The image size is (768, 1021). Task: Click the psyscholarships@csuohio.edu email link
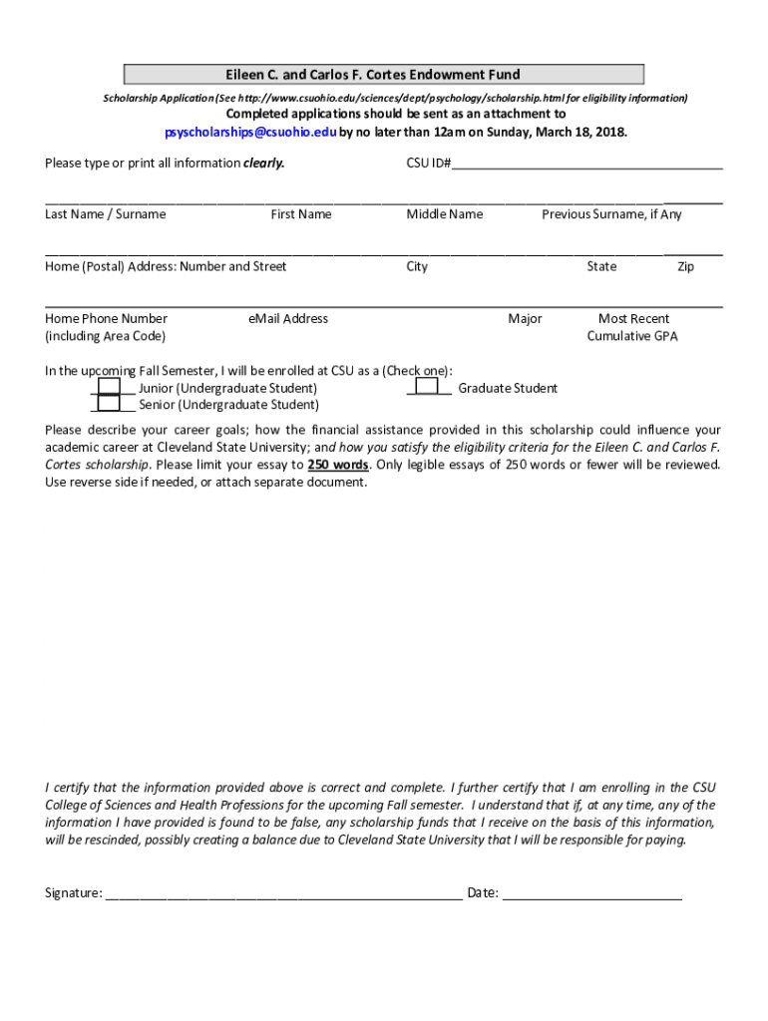pos(250,132)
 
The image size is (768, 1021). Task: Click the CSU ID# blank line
pos(587,165)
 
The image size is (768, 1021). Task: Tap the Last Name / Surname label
pos(106,214)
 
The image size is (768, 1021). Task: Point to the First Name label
pos(301,214)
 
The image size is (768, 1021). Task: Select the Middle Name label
pos(445,214)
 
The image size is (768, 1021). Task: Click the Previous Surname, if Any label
pos(611,214)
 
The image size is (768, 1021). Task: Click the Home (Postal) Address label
pos(166,266)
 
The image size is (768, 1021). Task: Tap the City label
pos(417,266)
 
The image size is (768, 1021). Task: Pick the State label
pos(601,266)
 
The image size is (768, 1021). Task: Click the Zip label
pos(685,266)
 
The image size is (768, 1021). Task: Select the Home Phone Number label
pos(106,319)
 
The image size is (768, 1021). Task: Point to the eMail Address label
pos(288,319)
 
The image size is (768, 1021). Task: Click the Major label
pos(525,319)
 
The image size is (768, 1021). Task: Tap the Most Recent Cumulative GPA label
pos(632,327)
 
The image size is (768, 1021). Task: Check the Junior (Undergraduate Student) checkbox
pos(110,387)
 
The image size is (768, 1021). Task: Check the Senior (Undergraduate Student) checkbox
pos(110,404)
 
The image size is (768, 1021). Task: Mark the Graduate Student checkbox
pos(426,387)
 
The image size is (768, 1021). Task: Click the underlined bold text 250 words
pos(337,465)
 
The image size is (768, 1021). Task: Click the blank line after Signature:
pos(283,893)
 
